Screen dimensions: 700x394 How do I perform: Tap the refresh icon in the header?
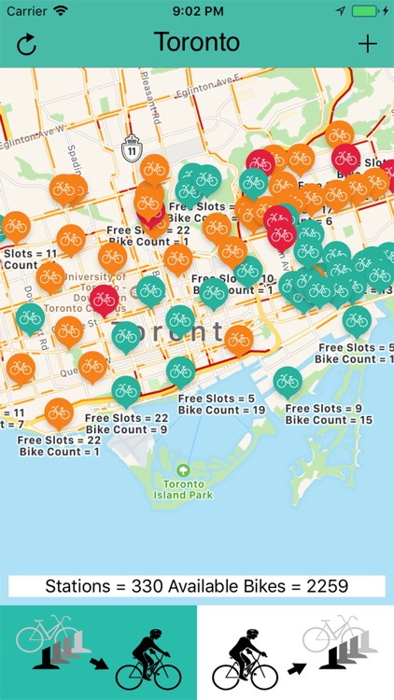pos(26,44)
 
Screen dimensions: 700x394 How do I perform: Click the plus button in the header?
pos(368,44)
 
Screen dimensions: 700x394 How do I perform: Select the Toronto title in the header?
pos(197,43)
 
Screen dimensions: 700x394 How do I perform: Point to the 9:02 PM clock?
pos(197,11)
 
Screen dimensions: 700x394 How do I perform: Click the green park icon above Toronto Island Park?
pos(183,469)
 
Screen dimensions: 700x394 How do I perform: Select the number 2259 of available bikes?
pos(326,586)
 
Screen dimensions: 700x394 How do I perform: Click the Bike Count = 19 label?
pos(221,410)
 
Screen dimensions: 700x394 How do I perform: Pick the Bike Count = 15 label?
pos(329,421)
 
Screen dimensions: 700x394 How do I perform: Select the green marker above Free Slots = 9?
pos(288,382)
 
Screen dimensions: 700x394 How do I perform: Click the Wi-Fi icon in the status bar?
pos(62,11)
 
